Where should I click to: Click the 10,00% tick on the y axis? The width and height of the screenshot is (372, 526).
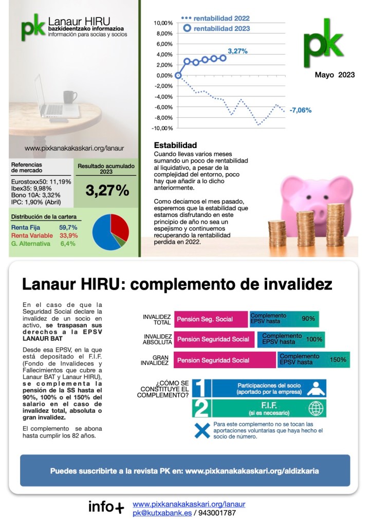tap(163, 23)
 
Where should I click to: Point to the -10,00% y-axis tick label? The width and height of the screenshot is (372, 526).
tap(163, 128)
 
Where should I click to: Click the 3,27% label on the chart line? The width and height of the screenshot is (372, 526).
tap(238, 51)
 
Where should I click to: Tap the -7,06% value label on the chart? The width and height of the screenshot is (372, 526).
tap(301, 110)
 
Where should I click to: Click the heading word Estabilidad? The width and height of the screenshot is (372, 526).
tap(176, 146)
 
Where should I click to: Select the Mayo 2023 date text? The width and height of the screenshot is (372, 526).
tap(335, 75)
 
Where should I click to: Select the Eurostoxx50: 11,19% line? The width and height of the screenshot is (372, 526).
tap(41, 181)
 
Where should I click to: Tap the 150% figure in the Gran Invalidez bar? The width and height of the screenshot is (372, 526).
tap(338, 359)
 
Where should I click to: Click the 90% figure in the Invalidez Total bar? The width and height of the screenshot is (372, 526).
tap(308, 319)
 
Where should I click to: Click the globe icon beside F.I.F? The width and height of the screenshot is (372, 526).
tap(315, 409)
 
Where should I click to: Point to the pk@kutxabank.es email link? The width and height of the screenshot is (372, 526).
tap(162, 513)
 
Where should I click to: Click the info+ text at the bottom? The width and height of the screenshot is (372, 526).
tap(106, 507)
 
